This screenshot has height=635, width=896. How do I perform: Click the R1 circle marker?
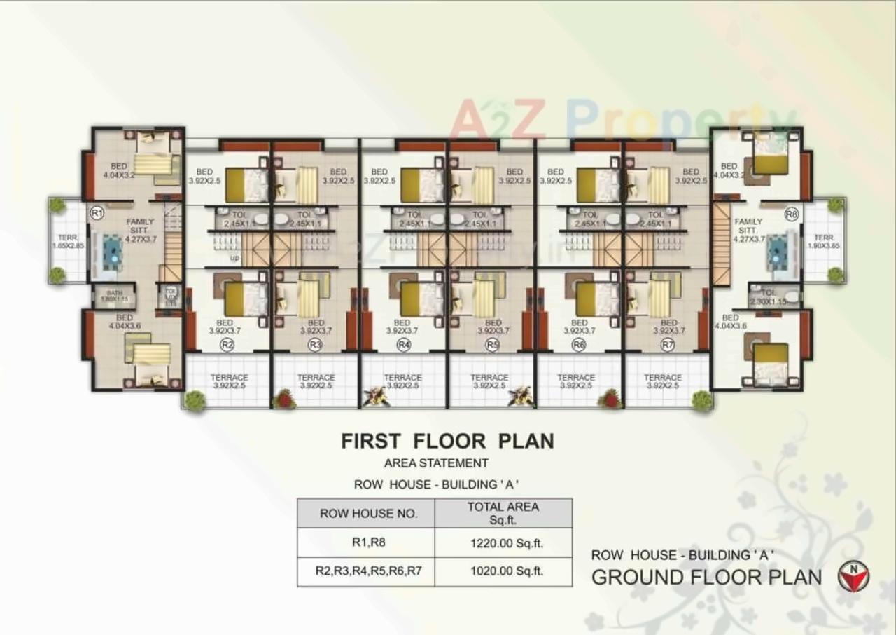[x=97, y=212]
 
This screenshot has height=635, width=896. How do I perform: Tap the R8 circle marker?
[x=792, y=214]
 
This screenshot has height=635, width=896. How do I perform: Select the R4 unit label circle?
[x=403, y=344]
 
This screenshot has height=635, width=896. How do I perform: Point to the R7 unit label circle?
[x=667, y=344]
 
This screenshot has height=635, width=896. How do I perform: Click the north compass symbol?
[x=855, y=577]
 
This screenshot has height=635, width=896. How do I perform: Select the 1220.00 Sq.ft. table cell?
[x=503, y=542]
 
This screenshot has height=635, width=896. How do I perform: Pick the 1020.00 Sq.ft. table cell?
[x=503, y=571]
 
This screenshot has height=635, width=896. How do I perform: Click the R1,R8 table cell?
[x=366, y=542]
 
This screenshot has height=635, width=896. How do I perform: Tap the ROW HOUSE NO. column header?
[x=366, y=513]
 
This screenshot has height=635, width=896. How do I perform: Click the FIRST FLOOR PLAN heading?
[x=447, y=441]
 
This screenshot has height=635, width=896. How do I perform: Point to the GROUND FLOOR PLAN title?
[x=706, y=577]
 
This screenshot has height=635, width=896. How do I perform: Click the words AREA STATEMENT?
[x=436, y=463]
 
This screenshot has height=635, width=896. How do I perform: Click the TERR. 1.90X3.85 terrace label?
[x=825, y=242]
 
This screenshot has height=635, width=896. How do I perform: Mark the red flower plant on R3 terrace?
[x=283, y=398]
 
